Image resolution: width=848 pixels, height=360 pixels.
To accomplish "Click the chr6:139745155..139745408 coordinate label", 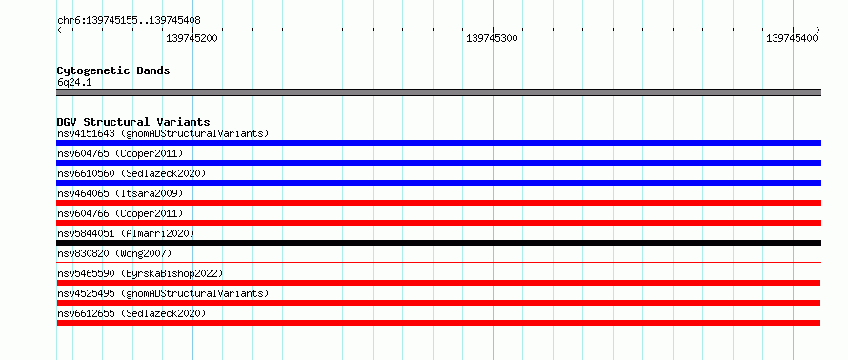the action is (x=129, y=21).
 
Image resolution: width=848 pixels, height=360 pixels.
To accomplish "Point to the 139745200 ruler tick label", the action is (x=192, y=39).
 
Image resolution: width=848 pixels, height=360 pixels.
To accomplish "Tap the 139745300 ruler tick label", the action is (x=493, y=39).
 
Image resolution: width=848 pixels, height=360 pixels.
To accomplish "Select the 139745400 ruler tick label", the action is (x=793, y=39).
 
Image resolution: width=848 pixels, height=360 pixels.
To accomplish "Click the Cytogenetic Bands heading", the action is (x=113, y=70).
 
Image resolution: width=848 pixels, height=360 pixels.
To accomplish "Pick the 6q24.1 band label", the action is (x=73, y=83).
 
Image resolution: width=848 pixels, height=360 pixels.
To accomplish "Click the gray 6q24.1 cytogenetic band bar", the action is (x=438, y=92).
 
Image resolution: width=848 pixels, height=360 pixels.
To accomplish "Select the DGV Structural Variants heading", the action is (x=133, y=122).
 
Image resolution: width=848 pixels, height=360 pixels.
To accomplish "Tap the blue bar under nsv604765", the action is (x=438, y=163).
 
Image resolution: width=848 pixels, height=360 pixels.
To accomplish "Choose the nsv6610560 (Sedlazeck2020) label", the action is (x=131, y=173).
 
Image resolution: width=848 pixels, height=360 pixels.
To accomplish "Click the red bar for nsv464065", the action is (x=438, y=203).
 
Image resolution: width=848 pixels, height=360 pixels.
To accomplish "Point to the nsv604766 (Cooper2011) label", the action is (x=120, y=213).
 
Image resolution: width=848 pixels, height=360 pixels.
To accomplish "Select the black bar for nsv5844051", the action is (x=438, y=243).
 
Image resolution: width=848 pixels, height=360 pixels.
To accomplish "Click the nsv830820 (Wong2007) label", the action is (x=114, y=253).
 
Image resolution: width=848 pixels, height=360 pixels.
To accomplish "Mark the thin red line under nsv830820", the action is (x=438, y=262).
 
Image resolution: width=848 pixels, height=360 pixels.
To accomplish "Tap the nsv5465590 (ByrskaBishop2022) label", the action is (x=140, y=273).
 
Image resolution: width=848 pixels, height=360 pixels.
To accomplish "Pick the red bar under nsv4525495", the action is (x=438, y=303).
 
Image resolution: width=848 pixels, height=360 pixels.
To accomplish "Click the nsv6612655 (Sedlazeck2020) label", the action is (x=131, y=313).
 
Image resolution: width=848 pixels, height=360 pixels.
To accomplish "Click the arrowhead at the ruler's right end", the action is (x=818, y=30).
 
